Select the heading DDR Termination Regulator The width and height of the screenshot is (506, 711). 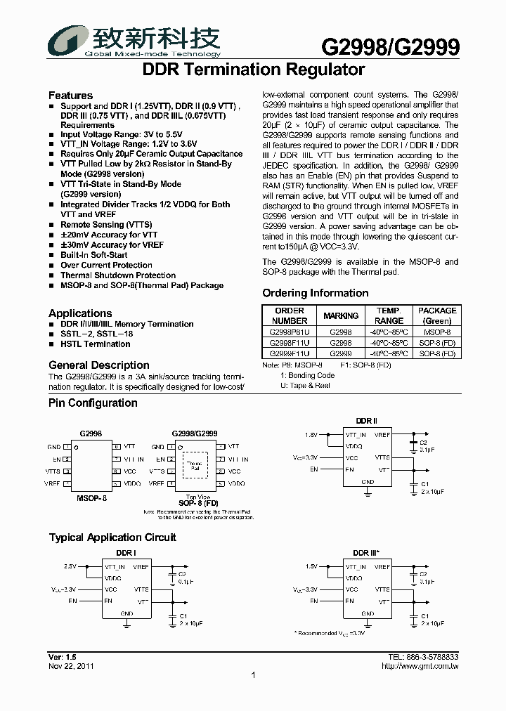point(254,70)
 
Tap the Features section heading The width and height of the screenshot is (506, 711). point(70,96)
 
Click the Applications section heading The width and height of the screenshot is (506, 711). point(80,313)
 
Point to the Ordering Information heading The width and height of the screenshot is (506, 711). point(315,293)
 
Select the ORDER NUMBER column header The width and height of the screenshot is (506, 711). point(290,315)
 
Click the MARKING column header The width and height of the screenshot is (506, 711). point(341,316)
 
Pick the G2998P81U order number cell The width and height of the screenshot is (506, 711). point(290,332)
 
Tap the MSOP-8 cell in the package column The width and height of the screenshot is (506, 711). point(436,332)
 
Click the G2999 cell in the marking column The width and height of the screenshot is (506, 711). point(341,354)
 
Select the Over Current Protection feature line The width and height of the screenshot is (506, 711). point(106,266)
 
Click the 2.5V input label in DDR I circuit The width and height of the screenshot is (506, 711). point(70,566)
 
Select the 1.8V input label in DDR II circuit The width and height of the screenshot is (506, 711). point(311,435)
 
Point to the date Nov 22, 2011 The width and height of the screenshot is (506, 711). point(71,666)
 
